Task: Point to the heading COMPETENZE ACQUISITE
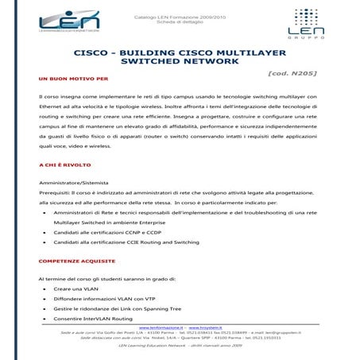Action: click(76, 261)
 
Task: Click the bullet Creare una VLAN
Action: click(82, 289)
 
